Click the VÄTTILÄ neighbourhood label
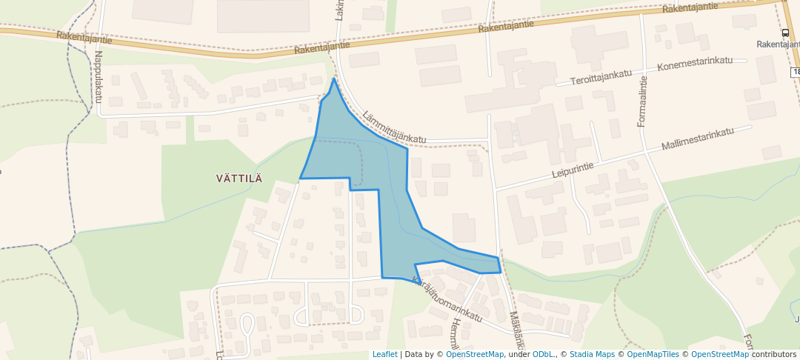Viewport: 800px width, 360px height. tap(239, 178)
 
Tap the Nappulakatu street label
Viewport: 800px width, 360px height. tap(98, 76)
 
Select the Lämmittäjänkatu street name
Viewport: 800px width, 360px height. tap(395, 127)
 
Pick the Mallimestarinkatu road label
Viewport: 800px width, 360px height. tap(698, 139)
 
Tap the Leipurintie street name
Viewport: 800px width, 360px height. tap(574, 167)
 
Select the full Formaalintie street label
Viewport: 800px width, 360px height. tap(642, 104)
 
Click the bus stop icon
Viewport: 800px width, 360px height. tap(784, 33)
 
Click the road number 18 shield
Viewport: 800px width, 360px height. tap(795, 72)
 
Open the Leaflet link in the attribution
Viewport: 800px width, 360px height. tap(384, 354)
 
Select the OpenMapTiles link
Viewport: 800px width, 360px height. tap(652, 354)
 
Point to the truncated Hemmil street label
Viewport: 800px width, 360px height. tap(456, 333)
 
